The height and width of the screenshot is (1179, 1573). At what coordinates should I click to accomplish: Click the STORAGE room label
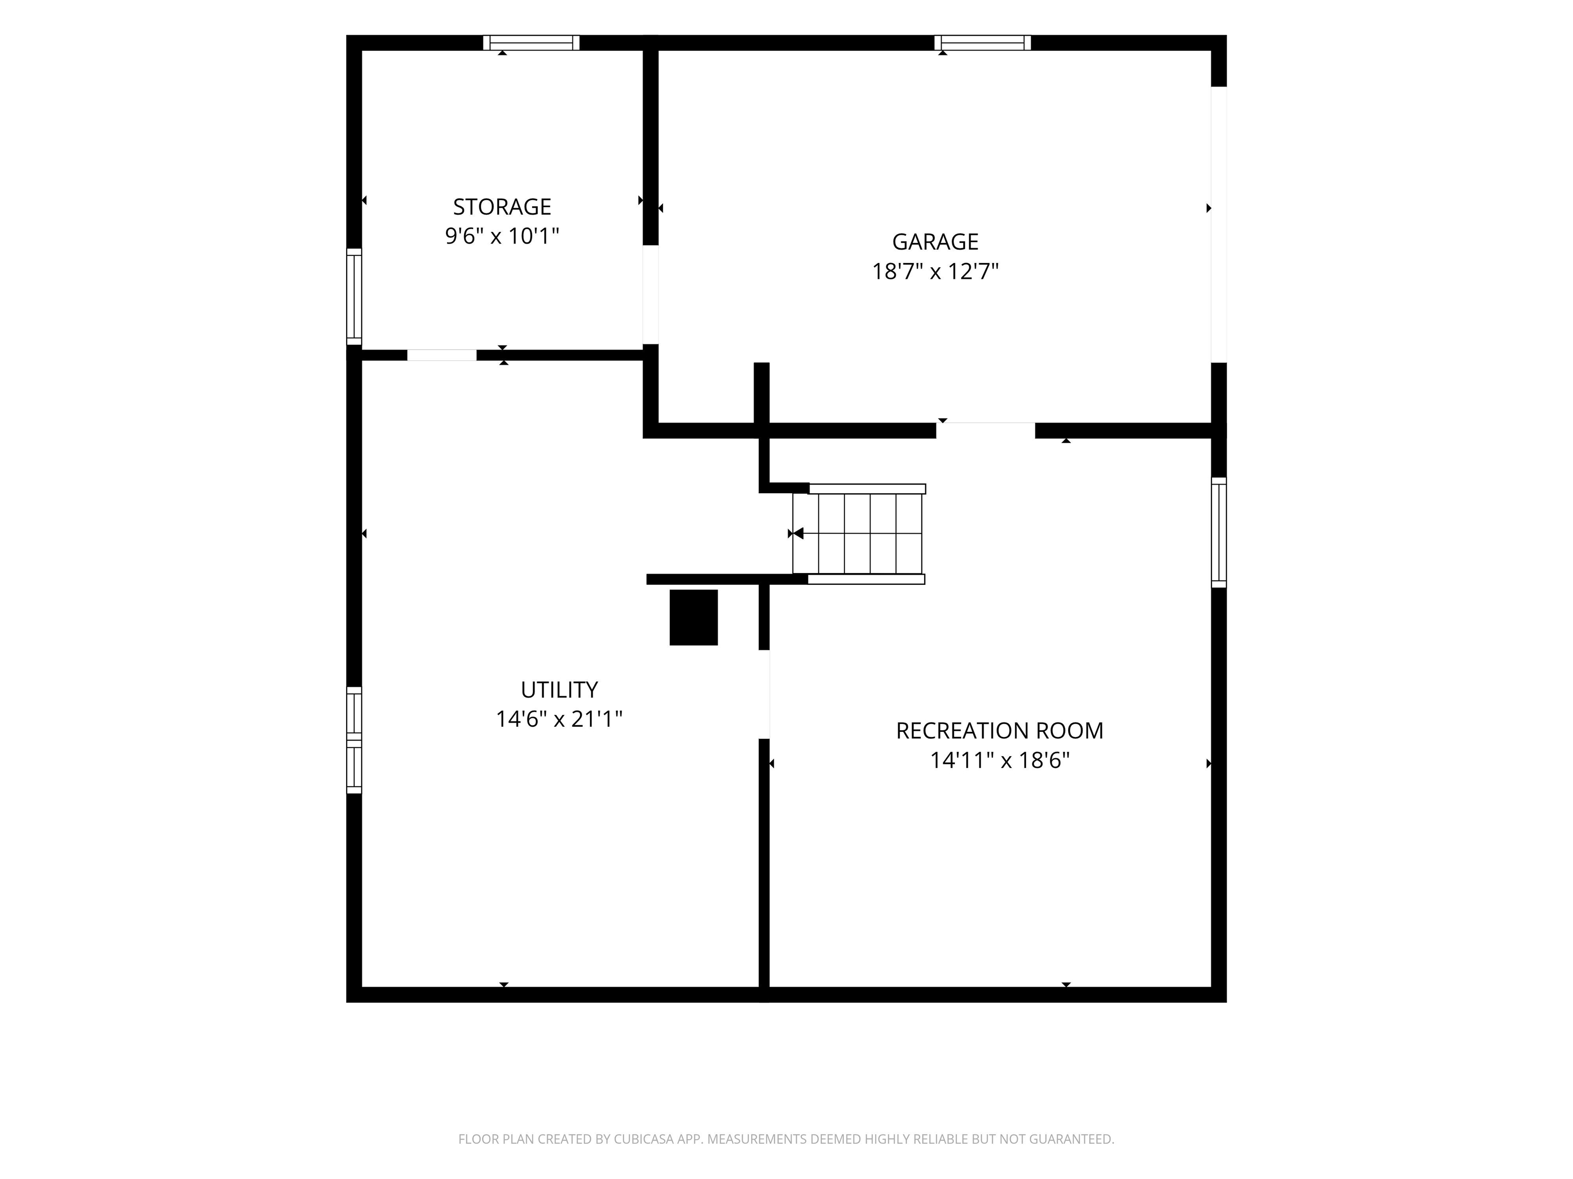502,207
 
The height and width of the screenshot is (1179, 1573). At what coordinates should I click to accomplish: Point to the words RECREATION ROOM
999,731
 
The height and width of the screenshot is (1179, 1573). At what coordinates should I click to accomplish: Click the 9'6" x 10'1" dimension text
502,236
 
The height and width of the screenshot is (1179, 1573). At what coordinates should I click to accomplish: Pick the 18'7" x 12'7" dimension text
935,272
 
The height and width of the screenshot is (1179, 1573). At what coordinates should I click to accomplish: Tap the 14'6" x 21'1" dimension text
559,719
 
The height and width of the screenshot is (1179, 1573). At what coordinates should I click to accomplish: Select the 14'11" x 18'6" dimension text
999,760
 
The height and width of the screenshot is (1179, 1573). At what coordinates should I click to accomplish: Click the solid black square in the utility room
693,618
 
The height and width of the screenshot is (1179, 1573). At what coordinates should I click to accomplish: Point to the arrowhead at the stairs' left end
798,533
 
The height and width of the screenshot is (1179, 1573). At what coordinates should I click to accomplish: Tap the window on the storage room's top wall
531,42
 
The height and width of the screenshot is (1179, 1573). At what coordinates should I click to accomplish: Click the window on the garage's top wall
982,42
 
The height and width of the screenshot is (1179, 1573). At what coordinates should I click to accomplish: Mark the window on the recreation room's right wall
1219,532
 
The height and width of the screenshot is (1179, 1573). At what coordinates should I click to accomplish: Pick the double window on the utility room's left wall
354,740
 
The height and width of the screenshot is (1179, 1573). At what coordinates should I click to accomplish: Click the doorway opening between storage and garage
651,294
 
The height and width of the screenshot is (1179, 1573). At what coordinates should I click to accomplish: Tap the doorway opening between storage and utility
441,355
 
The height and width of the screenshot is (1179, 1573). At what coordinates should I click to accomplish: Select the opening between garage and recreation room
985,431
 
